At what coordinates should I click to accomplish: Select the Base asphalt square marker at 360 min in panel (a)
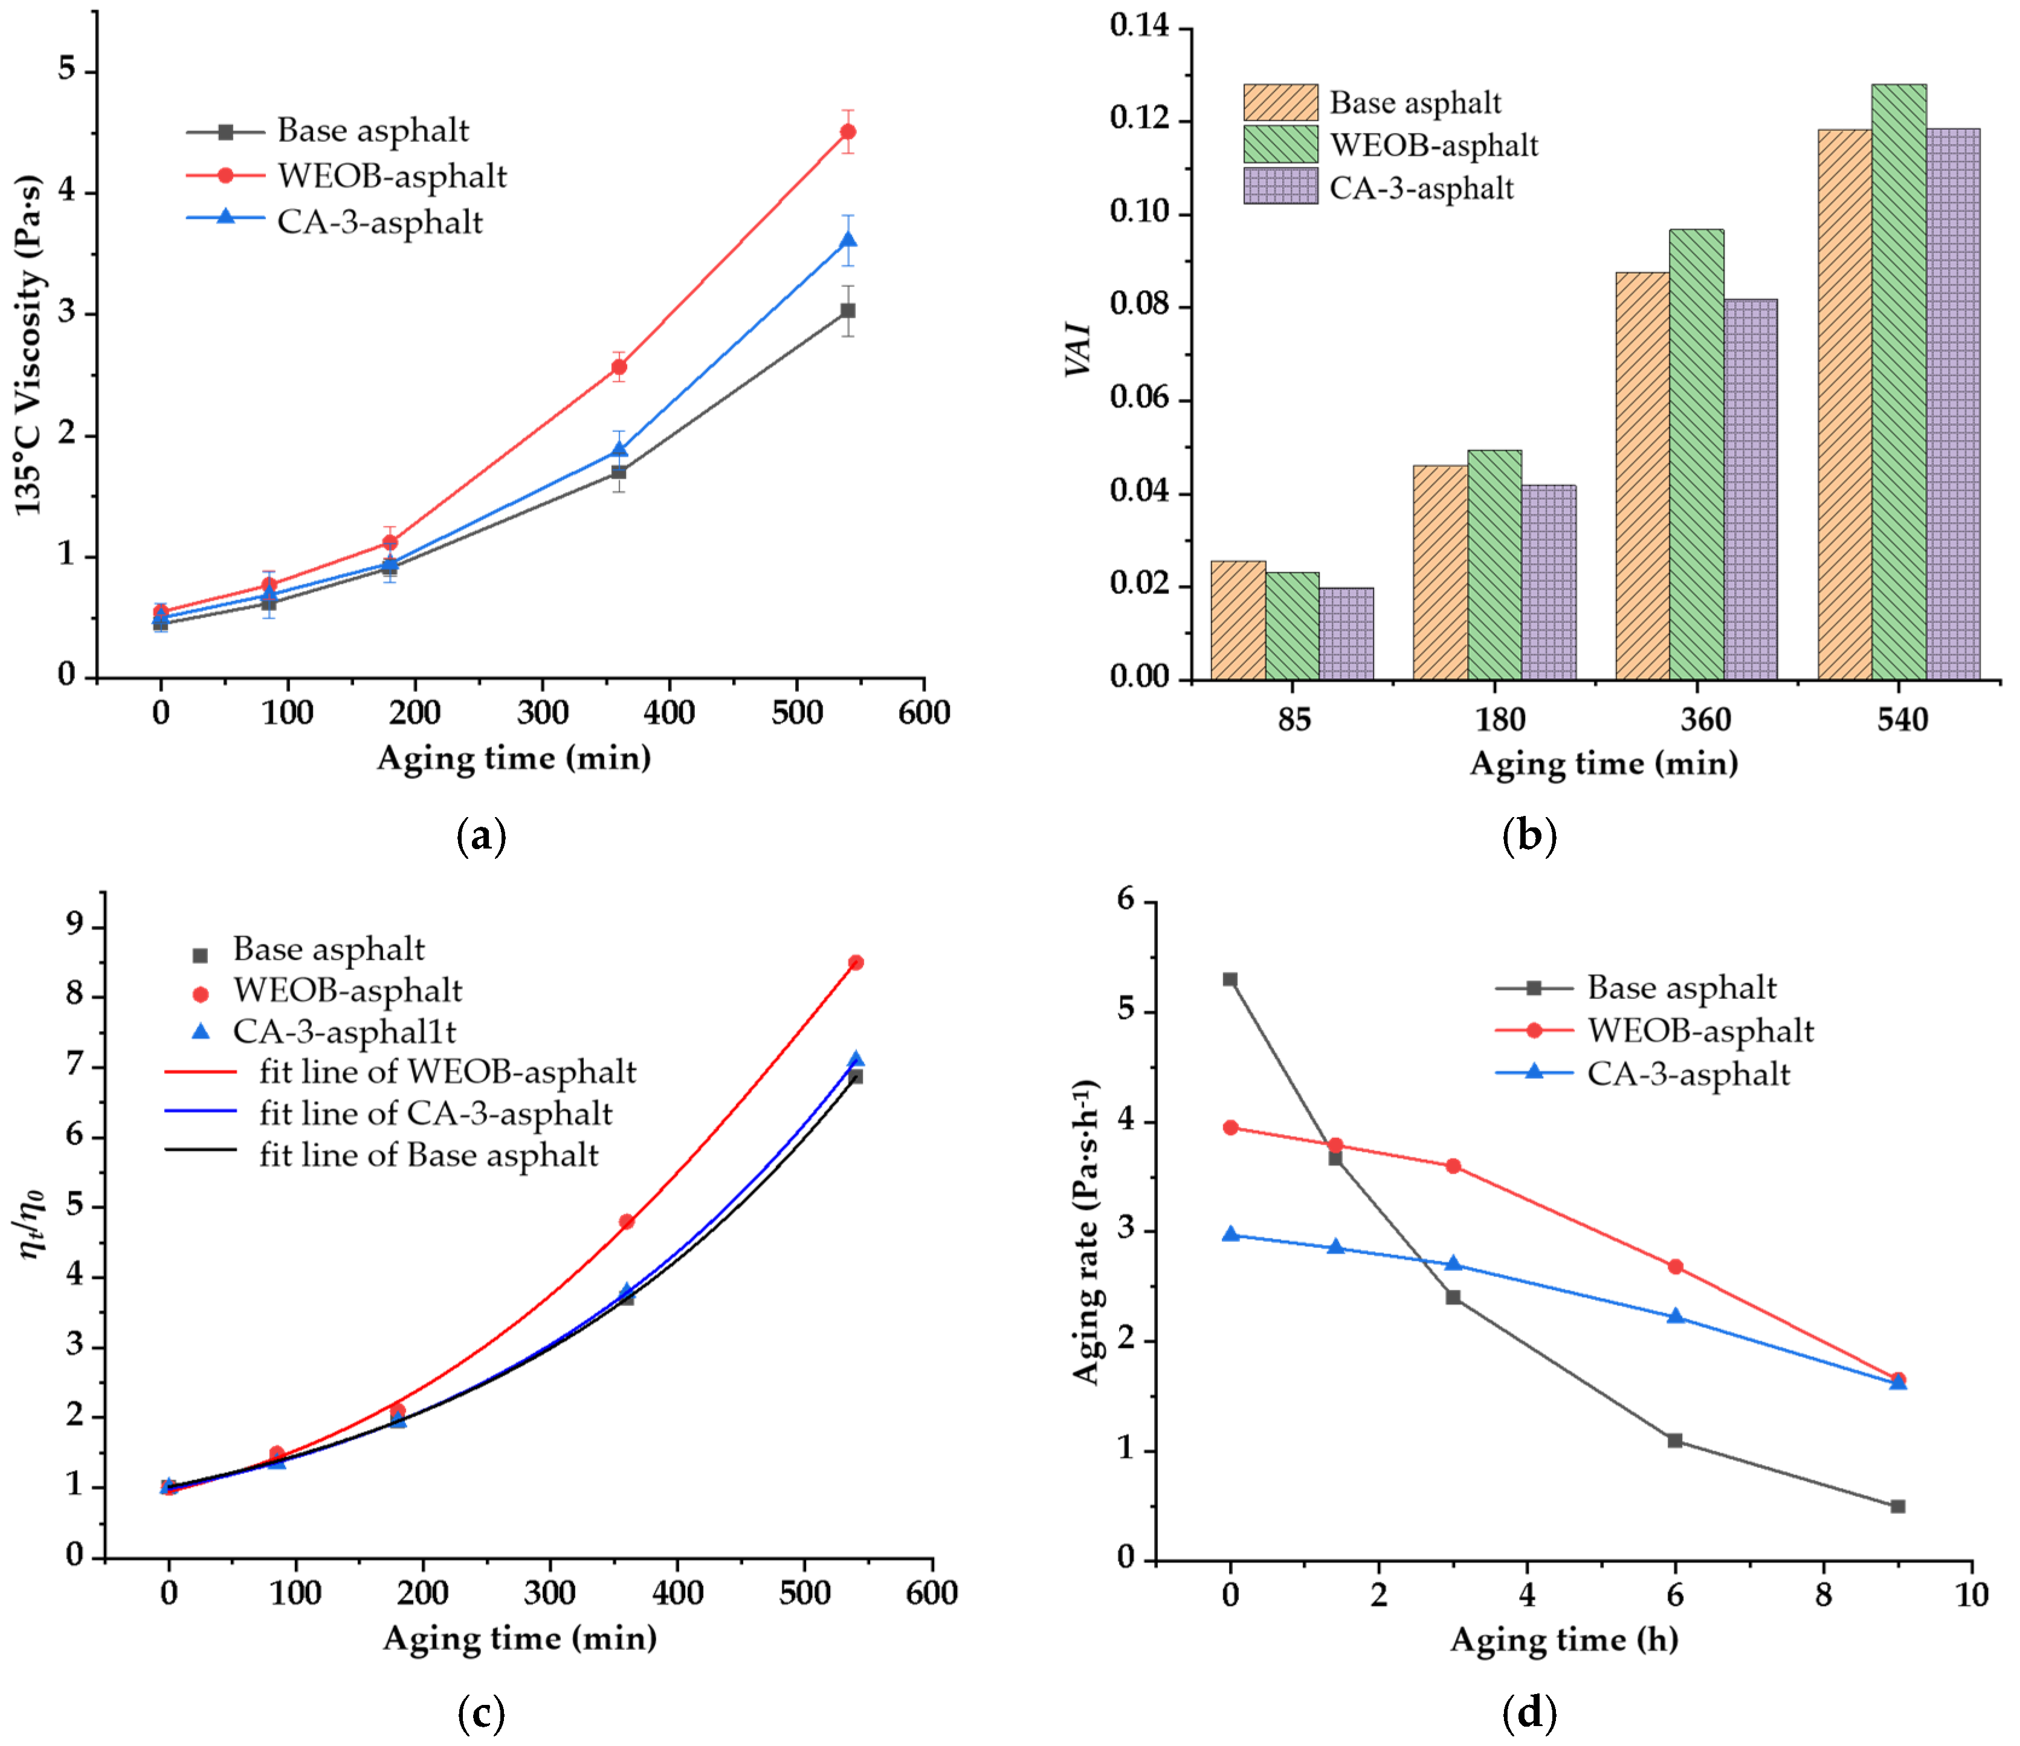618,472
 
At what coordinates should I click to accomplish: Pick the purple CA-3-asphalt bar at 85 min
1346,633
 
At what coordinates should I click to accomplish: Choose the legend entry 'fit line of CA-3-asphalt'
435,1113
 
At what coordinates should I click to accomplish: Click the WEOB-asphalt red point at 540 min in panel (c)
855,962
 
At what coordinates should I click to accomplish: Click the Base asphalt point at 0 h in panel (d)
1230,979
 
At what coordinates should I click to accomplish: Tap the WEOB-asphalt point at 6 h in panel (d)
1675,1266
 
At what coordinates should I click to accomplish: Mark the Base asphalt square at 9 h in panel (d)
1897,1506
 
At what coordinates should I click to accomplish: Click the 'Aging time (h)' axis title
1564,1639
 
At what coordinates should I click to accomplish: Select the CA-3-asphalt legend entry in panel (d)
1686,1073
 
